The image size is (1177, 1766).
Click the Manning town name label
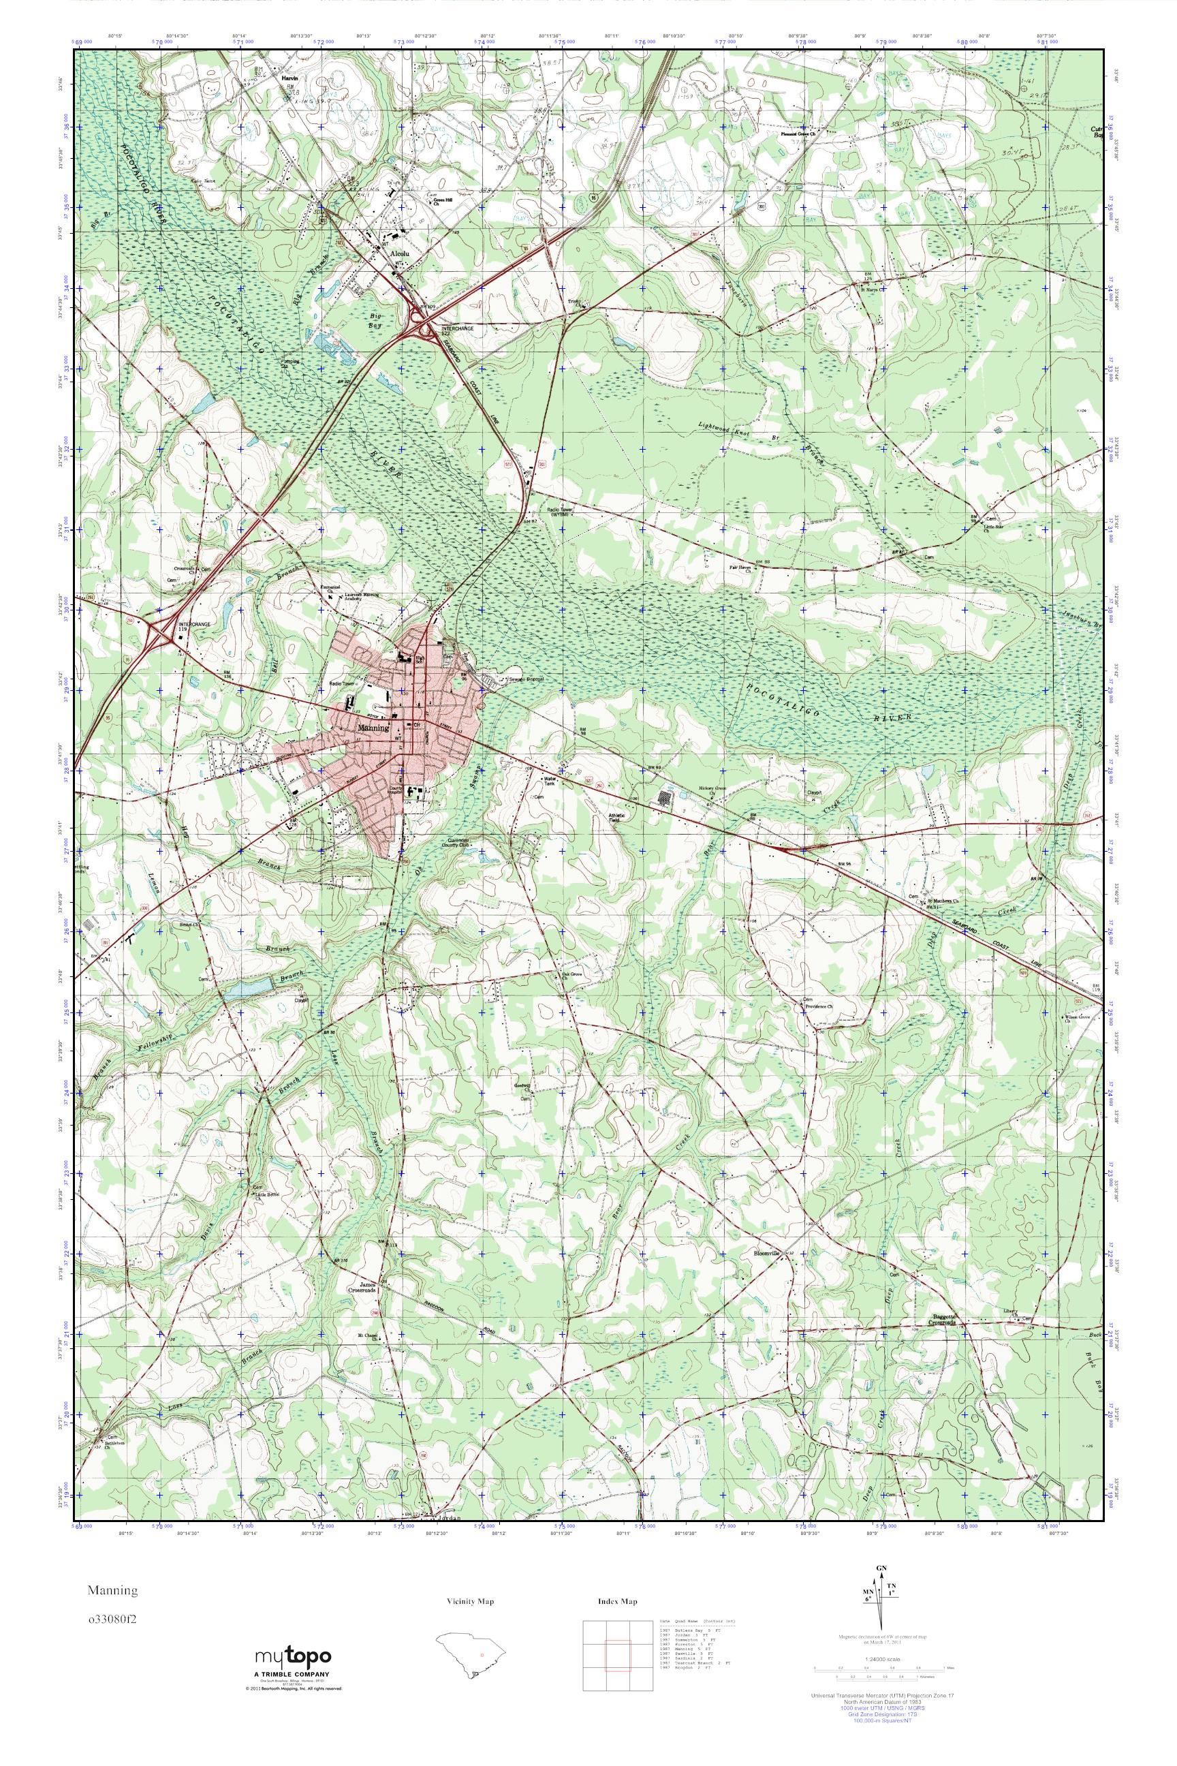click(x=373, y=728)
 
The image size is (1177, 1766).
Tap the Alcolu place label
click(x=398, y=255)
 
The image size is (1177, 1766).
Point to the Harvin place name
click(x=289, y=78)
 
